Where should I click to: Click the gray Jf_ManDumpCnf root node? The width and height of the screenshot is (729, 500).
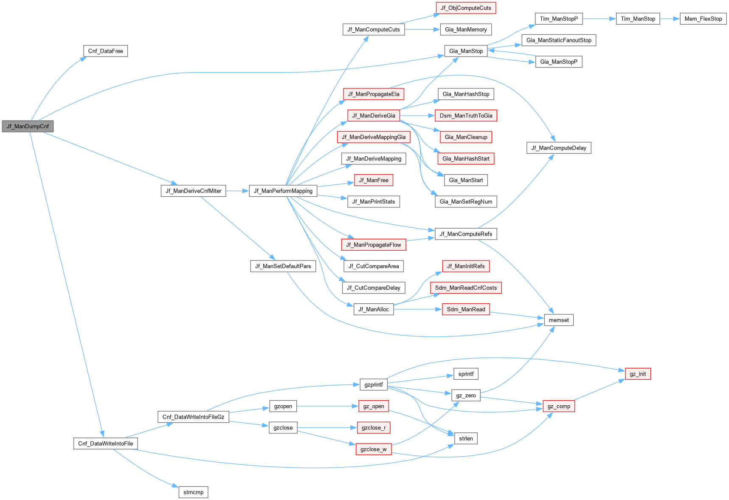[x=28, y=126]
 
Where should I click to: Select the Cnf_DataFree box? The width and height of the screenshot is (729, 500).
[x=105, y=51]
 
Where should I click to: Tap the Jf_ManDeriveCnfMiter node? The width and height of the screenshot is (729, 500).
[x=193, y=191]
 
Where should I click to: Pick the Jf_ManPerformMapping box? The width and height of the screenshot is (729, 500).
[x=283, y=191]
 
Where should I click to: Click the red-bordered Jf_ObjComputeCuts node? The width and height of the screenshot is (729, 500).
[x=465, y=8]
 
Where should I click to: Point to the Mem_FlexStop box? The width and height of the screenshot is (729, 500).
[x=703, y=19]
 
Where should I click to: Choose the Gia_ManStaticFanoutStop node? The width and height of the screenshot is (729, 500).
[x=558, y=40]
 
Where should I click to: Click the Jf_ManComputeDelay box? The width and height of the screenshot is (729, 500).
[x=558, y=148]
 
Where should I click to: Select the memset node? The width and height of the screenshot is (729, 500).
[x=558, y=320]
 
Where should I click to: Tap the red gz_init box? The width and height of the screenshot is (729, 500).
[x=637, y=374]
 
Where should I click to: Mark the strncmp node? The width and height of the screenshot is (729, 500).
[x=193, y=492]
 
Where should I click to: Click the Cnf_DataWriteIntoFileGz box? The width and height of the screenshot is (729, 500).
[x=193, y=417]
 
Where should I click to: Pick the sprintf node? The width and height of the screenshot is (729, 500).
[x=465, y=374]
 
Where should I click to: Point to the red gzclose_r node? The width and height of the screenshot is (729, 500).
[x=373, y=428]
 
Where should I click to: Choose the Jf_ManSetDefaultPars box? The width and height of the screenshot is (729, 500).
[x=283, y=266]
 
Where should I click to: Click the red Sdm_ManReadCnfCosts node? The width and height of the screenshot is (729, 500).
[x=465, y=288]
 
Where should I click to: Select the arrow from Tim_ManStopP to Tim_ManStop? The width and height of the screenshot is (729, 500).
[x=599, y=19]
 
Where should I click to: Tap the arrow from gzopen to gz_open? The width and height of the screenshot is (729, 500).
[x=327, y=406]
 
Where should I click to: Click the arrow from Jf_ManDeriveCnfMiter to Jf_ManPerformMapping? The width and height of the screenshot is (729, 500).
[x=237, y=191]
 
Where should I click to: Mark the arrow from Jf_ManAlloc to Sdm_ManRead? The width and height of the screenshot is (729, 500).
[x=418, y=309]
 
